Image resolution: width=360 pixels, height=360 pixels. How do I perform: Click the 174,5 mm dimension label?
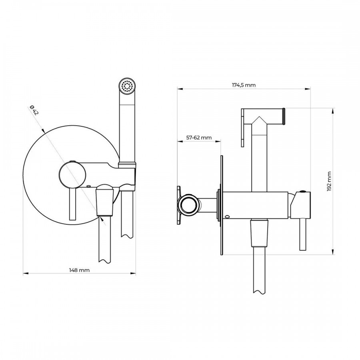point(244,85)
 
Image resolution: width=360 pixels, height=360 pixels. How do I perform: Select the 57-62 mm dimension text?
point(199,138)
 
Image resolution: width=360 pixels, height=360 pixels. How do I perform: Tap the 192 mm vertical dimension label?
point(330,181)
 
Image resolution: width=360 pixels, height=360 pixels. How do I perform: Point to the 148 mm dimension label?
point(80,270)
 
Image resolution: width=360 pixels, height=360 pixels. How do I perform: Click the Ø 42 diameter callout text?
point(34,110)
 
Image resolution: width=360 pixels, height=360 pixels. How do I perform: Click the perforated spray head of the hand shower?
point(128,86)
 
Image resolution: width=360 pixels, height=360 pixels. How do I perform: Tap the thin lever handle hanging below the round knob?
point(72,204)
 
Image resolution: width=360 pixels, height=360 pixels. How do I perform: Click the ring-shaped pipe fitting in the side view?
point(189,204)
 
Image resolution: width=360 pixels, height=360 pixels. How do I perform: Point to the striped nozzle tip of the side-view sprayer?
point(284,116)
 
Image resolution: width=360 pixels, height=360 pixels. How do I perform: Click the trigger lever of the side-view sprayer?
point(243,128)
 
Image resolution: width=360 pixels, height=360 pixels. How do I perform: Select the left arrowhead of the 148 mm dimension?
point(26,274)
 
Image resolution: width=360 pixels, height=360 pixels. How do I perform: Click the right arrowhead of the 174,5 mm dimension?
point(308,89)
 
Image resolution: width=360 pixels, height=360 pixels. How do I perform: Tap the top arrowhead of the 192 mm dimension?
point(333,111)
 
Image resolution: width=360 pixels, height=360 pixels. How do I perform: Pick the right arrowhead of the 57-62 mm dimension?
point(218,141)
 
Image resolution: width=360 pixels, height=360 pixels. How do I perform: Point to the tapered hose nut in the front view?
point(105,200)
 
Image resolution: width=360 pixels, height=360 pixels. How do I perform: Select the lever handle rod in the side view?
point(303,234)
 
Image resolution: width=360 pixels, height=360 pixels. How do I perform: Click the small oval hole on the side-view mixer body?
point(228,216)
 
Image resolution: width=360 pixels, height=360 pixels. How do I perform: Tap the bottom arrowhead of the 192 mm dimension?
point(333,252)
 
